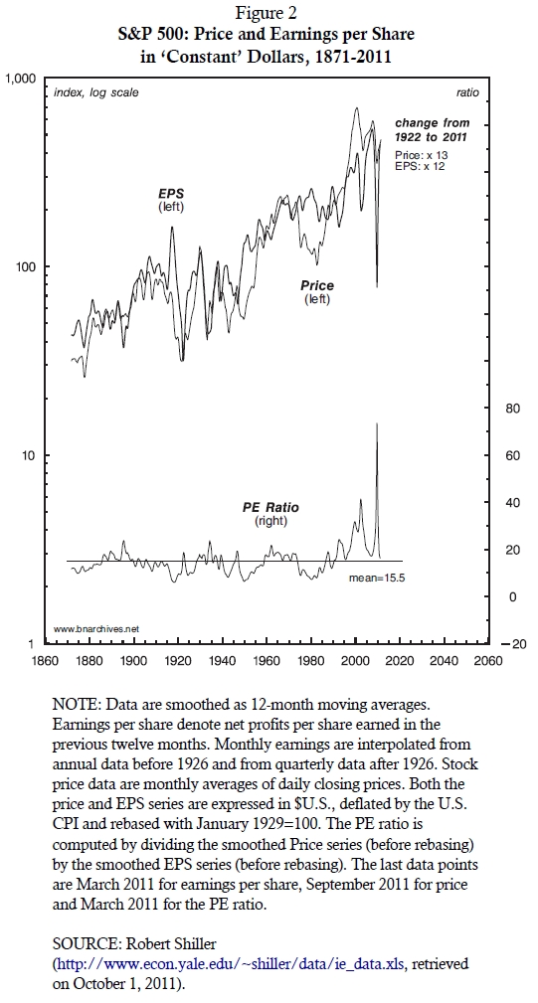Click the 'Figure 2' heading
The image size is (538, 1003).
coord(267,12)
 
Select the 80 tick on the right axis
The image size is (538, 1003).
coord(513,409)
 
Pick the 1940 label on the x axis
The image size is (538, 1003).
coord(222,660)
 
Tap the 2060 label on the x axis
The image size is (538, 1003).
coord(488,660)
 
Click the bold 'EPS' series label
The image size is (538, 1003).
coord(171,193)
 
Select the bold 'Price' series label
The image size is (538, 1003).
coord(317,286)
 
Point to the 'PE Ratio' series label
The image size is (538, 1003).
coord(270,508)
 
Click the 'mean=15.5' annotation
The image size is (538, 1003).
coord(377,579)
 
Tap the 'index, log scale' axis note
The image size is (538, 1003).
coord(95,92)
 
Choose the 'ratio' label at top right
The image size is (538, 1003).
coord(467,92)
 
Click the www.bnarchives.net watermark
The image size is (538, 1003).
coord(95,629)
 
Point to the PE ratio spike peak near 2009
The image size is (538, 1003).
coord(376,423)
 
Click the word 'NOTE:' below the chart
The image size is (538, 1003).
coord(77,705)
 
